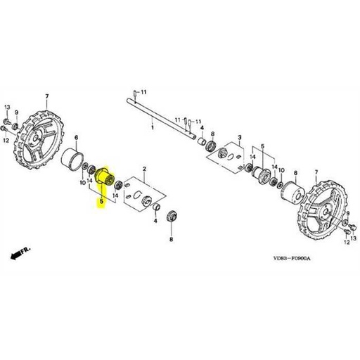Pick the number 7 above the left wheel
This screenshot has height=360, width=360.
pyautogui.click(x=46, y=96)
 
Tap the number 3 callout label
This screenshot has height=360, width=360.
pyautogui.click(x=240, y=137)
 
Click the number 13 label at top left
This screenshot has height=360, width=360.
pyautogui.click(x=6, y=106)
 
